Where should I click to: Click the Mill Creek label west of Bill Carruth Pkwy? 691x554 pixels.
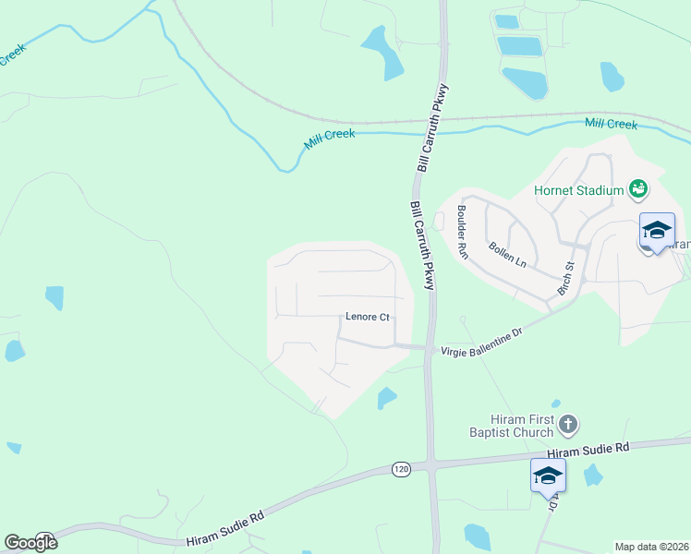330,140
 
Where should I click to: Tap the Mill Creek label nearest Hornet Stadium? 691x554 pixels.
611,124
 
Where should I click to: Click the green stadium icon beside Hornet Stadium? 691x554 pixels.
637,190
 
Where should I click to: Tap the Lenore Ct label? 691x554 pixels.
367,317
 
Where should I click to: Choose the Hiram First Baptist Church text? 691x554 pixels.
522,426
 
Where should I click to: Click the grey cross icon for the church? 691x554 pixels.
568,425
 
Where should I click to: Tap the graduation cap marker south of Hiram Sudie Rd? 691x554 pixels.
548,475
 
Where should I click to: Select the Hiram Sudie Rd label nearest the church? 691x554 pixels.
588,450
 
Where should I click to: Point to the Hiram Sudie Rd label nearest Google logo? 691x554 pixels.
225,530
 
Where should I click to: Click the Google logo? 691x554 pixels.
31,542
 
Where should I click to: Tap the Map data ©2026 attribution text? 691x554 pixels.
651,547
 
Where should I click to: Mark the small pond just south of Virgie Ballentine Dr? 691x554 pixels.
386,398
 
